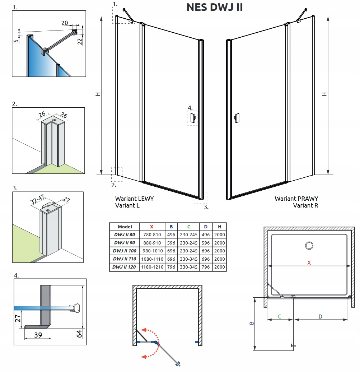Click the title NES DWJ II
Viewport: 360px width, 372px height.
pyautogui.click(x=214, y=7)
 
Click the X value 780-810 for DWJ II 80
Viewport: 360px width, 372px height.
pyautogui.click(x=151, y=235)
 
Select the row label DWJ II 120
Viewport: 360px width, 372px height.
pyautogui.click(x=124, y=267)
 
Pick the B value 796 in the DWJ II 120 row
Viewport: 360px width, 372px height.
pyautogui.click(x=171, y=267)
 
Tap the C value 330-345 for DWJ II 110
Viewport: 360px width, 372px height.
pyautogui.click(x=188, y=259)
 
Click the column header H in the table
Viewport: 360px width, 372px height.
pyautogui.click(x=219, y=227)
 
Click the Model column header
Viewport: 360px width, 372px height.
pyautogui.click(x=125, y=227)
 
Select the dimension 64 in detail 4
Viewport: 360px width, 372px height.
pyautogui.click(x=80, y=334)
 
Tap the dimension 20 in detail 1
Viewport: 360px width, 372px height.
pyautogui.click(x=65, y=23)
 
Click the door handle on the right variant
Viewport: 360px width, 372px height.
pyautogui.click(x=237, y=117)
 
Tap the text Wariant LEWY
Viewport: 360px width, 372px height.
pyautogui.click(x=134, y=198)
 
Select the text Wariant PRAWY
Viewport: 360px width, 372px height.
pyautogui.click(x=296, y=198)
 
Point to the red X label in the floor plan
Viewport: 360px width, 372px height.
pyautogui.click(x=309, y=262)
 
